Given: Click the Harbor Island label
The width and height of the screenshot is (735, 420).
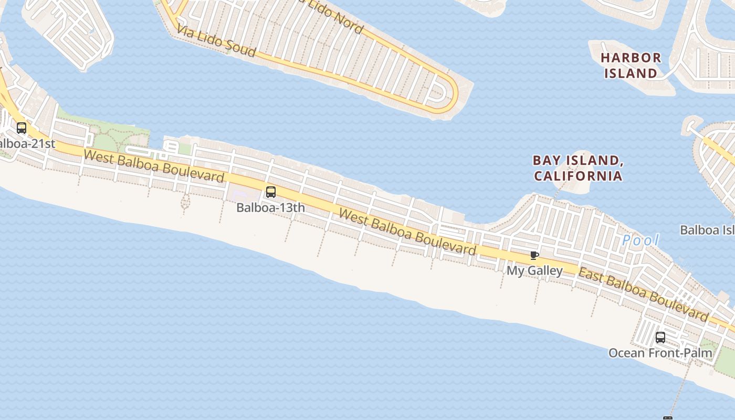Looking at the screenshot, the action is click(631, 65).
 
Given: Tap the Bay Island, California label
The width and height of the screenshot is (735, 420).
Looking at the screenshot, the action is click(578, 168).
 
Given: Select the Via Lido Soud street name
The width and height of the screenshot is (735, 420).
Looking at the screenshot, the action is click(216, 40).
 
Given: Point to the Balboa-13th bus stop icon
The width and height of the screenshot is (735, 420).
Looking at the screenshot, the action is click(271, 192).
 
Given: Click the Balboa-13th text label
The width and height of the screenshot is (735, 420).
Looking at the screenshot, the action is click(270, 207).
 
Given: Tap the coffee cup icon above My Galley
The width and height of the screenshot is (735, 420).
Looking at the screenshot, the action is click(534, 256).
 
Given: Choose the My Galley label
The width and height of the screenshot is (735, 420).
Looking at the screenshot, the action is click(534, 271).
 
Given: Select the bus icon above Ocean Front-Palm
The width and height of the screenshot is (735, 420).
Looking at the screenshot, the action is click(660, 338).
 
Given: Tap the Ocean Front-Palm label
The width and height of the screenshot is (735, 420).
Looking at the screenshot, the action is click(660, 353).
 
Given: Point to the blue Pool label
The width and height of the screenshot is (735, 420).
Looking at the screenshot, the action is click(640, 241).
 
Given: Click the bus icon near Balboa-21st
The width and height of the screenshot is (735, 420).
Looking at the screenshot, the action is click(22, 128).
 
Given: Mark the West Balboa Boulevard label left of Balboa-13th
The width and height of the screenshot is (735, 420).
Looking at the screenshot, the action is click(154, 165).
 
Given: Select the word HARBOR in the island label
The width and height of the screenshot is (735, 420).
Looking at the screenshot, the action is click(631, 58).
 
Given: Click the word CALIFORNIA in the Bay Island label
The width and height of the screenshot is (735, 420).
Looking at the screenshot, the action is click(578, 176).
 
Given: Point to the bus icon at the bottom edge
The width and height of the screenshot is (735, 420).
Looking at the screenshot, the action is click(667, 418).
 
